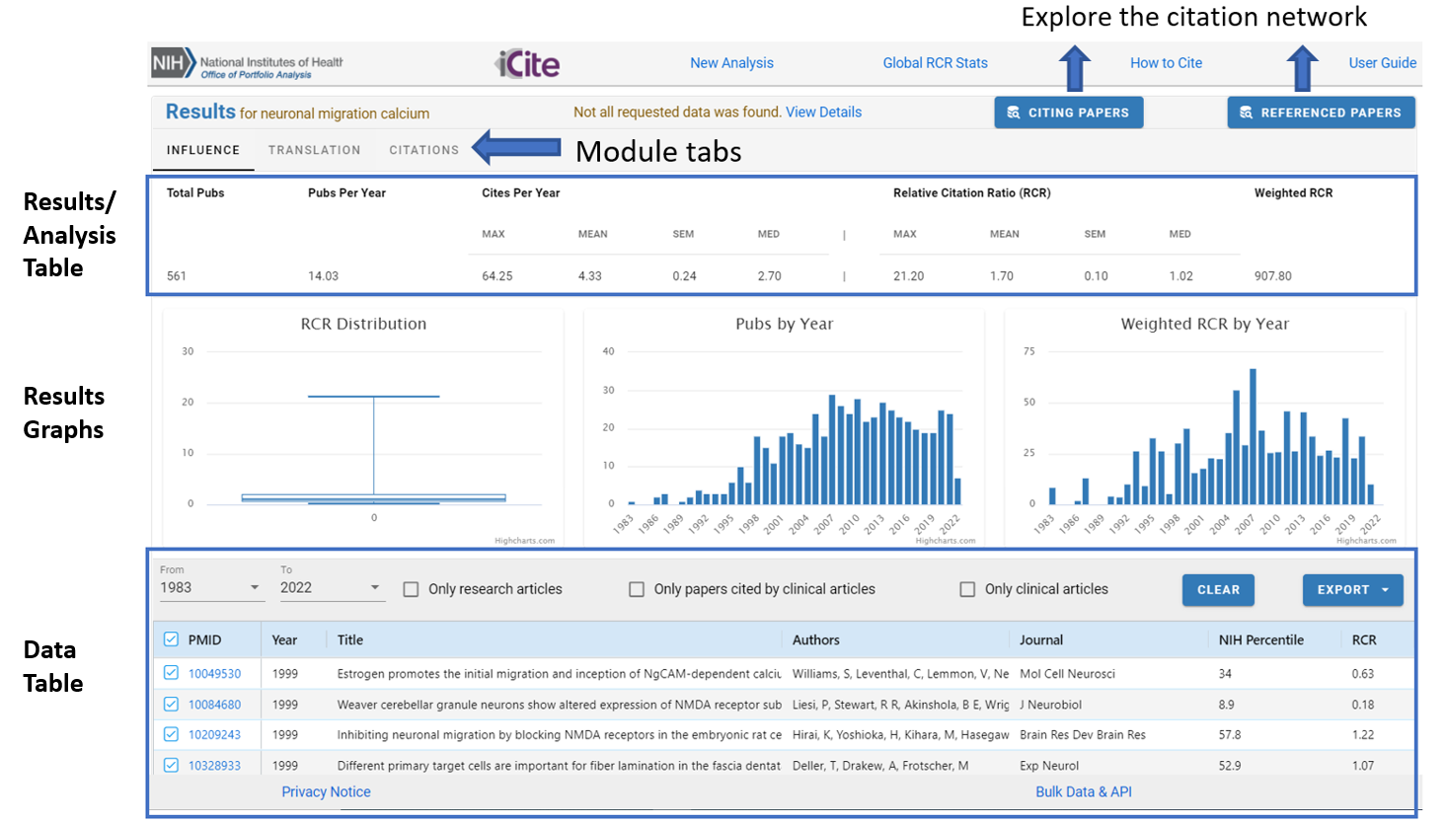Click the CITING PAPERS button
[1068, 112]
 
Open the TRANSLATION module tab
[314, 150]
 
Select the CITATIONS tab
[423, 150]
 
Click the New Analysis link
[731, 63]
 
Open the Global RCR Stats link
[935, 63]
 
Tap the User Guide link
[1382, 63]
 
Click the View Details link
[823, 112]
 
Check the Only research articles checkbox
[412, 589]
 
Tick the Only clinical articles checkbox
[967, 589]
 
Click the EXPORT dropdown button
[1352, 590]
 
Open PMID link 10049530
[214, 674]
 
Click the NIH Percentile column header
[1260, 640]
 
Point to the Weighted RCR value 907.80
[1272, 276]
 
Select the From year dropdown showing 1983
[209, 587]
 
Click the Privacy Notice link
[326, 792]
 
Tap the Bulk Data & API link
[1083, 792]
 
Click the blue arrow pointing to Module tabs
[517, 148]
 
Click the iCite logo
[527, 64]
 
